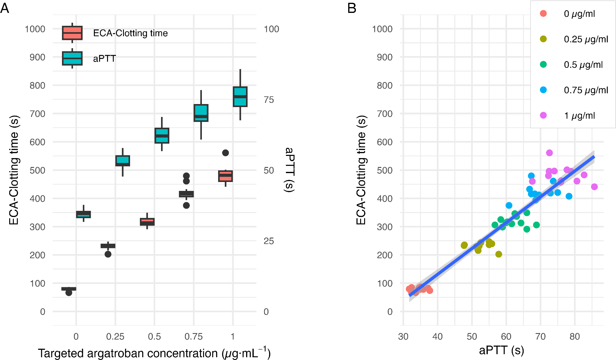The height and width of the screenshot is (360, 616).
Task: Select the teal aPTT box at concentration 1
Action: (x=240, y=97)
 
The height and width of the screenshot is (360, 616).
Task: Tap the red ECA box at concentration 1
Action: (x=225, y=176)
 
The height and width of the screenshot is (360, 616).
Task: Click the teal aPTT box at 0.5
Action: (x=162, y=135)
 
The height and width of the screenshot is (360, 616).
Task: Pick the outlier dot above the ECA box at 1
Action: (x=225, y=153)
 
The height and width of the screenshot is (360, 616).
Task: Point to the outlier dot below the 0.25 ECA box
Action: (x=108, y=254)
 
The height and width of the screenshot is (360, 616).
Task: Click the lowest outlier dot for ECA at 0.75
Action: (x=186, y=206)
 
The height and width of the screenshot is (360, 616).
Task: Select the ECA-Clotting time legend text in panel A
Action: (x=130, y=33)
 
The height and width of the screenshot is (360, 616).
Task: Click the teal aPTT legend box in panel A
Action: (x=72, y=58)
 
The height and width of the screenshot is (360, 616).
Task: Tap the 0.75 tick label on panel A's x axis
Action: (x=194, y=337)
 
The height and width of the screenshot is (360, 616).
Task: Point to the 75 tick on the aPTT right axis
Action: (x=269, y=100)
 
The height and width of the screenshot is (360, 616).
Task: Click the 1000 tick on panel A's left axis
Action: (x=35, y=29)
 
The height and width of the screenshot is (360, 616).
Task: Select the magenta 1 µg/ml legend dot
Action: (x=543, y=115)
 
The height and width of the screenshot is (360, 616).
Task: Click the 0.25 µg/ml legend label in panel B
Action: (x=586, y=39)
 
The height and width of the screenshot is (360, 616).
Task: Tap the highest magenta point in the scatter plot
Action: (x=549, y=153)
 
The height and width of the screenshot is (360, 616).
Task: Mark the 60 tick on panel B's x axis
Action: (x=506, y=337)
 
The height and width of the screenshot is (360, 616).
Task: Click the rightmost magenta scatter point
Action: (x=594, y=187)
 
